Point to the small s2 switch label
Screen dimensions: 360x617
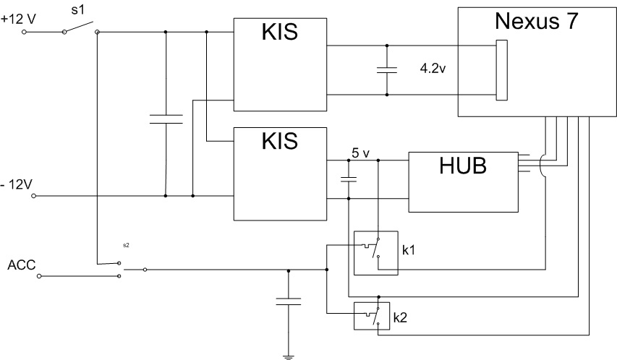(126, 245)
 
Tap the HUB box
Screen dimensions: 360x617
(464, 181)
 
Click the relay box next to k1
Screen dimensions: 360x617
(375, 253)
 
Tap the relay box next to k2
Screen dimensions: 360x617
(372, 316)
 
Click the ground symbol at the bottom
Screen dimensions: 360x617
(289, 354)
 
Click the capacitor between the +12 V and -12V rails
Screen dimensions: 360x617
(166, 119)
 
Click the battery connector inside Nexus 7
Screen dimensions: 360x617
(501, 71)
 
